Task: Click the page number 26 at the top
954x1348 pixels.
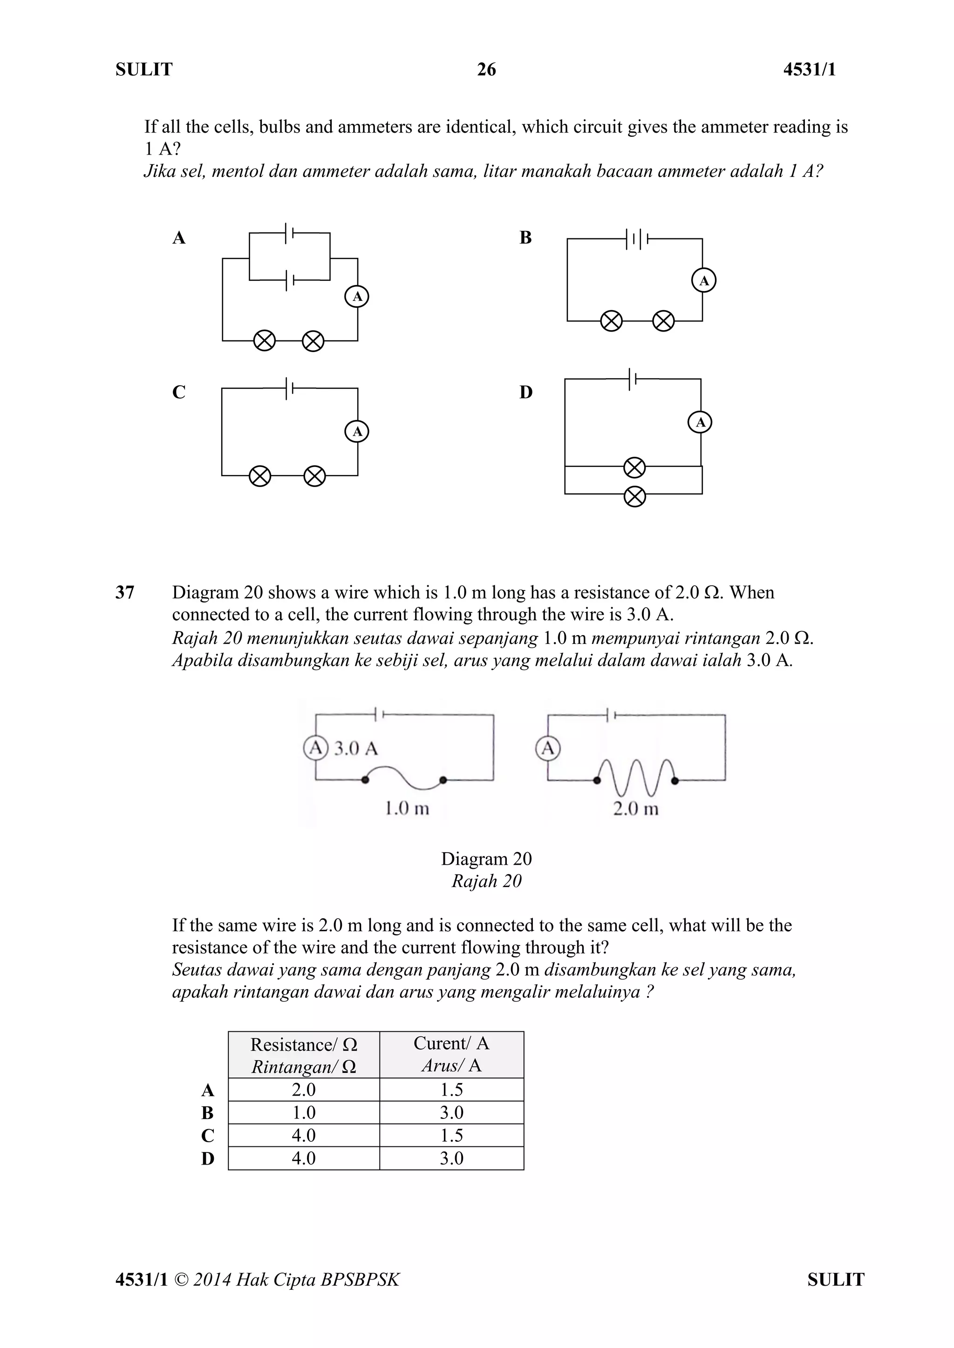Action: tap(486, 70)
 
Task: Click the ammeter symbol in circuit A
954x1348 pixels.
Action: tap(356, 297)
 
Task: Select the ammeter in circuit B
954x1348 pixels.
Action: tap(704, 281)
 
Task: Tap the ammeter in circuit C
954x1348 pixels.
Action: tap(356, 432)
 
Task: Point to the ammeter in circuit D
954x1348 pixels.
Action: tap(700, 422)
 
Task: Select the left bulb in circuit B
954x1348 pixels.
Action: tap(611, 321)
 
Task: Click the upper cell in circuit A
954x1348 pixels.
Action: tap(289, 233)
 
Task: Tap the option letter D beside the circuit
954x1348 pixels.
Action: tap(526, 392)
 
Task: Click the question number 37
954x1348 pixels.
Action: tap(124, 592)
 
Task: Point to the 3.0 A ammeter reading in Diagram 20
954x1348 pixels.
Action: tap(356, 749)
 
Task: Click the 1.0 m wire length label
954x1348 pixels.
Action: tap(407, 809)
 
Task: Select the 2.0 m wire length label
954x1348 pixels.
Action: tap(635, 809)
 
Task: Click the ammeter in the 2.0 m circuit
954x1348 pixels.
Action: tap(547, 749)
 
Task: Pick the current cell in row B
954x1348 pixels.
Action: tap(451, 1112)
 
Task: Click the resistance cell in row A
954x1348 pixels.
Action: tap(304, 1090)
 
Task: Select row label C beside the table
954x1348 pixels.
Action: tap(207, 1136)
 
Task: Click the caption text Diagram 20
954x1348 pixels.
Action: tap(486, 859)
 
